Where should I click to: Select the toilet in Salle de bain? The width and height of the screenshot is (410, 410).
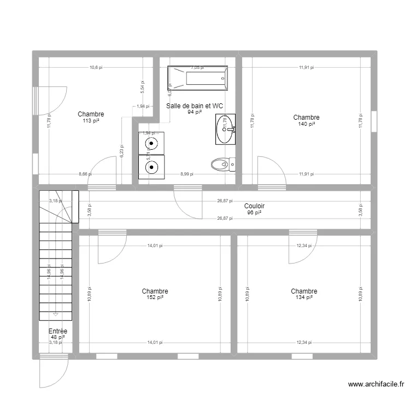click(x=222, y=163)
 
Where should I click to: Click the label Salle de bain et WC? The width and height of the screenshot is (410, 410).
click(x=195, y=106)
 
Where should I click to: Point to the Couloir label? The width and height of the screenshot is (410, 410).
click(x=254, y=206)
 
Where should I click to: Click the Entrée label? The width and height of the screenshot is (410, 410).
click(x=57, y=331)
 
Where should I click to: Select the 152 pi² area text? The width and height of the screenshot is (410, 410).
click(x=155, y=298)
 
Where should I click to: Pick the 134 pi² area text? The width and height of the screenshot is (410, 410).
click(x=304, y=298)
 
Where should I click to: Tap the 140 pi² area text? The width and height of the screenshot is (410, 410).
click(x=306, y=124)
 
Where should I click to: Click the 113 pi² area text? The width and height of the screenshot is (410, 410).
click(x=91, y=121)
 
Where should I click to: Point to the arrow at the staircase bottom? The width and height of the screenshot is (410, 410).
click(x=56, y=314)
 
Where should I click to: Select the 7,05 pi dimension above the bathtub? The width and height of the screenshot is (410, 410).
click(x=197, y=68)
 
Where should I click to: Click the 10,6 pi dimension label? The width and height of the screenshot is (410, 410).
click(x=96, y=68)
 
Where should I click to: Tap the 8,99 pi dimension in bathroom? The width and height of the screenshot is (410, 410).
click(x=187, y=174)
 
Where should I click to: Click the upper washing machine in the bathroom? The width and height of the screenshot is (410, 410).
click(x=151, y=144)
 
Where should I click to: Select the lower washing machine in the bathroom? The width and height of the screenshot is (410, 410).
click(x=151, y=167)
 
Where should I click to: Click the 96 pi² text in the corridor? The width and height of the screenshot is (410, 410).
click(x=254, y=213)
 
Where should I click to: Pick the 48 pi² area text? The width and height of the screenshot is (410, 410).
click(x=57, y=337)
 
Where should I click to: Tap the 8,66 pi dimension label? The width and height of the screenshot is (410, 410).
click(x=85, y=174)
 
